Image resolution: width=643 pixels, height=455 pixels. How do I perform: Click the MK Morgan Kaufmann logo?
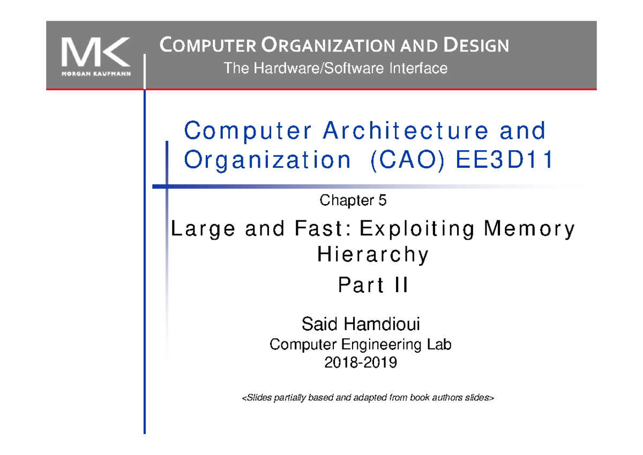(x=95, y=55)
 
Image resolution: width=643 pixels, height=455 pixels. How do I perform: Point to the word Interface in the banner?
(x=420, y=69)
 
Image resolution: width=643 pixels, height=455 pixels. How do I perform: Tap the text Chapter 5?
(x=353, y=201)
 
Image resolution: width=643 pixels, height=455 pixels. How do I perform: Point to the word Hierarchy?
(x=373, y=255)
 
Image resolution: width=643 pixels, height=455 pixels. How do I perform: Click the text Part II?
(x=373, y=287)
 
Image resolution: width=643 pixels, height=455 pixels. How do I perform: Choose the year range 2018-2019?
(x=361, y=363)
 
